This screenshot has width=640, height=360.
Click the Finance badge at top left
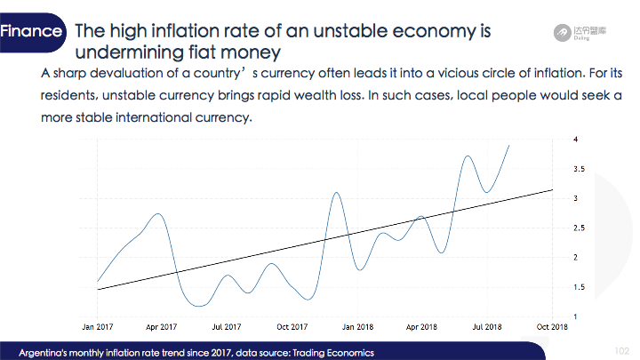[32, 32]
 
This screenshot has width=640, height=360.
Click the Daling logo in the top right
[580, 33]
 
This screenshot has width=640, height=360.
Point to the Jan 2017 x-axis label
[97, 327]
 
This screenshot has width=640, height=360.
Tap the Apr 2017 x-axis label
[161, 327]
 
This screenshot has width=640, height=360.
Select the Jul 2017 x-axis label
[227, 327]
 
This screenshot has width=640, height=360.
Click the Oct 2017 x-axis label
[292, 327]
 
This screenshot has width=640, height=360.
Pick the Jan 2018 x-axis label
[357, 327]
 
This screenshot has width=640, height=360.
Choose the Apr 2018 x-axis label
[421, 327]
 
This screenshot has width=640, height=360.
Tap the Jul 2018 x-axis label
[487, 327]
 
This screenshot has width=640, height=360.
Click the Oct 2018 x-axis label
[552, 327]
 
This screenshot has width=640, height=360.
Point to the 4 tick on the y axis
[575, 140]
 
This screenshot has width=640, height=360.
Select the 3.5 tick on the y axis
[579, 169]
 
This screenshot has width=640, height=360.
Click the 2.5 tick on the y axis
[579, 228]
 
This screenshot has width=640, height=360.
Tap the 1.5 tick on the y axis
[579, 287]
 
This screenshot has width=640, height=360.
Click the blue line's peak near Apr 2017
[158, 214]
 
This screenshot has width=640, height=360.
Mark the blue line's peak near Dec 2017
[336, 192]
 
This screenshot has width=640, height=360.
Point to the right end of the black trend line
[553, 189]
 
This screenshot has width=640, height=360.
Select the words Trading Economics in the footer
[333, 353]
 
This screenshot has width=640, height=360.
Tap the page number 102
[622, 351]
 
